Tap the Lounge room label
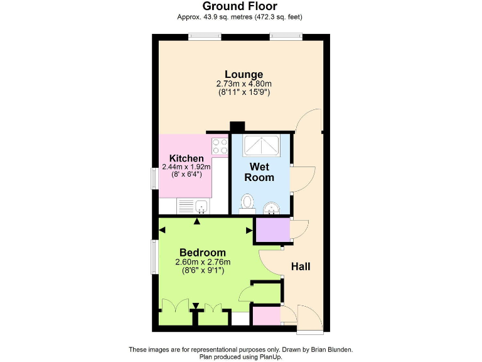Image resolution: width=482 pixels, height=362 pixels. [x=244, y=74]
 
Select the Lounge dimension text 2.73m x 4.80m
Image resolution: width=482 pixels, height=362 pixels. [x=244, y=84]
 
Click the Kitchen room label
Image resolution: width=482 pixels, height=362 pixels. [x=186, y=158]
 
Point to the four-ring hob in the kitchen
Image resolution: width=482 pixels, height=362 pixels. [x=220, y=146]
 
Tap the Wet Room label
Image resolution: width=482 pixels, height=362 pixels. [x=260, y=172]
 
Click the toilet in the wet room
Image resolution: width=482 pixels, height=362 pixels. [x=247, y=203]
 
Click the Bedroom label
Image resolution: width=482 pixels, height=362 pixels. [x=203, y=253]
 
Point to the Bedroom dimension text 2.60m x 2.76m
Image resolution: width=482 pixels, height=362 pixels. [x=203, y=262]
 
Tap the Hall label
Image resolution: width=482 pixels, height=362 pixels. [x=301, y=266]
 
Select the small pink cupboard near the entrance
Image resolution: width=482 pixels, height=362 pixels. [x=266, y=315]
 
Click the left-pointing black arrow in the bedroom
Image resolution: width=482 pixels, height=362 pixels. [x=163, y=230]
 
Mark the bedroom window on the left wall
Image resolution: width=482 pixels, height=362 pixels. [x=154, y=256]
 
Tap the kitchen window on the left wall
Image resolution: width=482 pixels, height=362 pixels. [x=154, y=179]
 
